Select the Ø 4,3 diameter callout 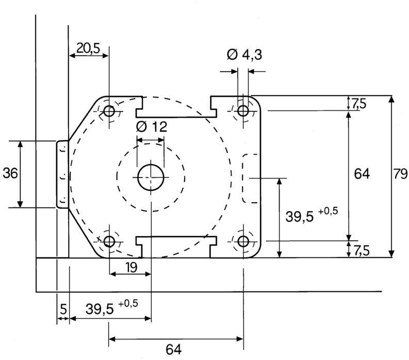pos(244,54)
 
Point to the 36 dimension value pos(10,173)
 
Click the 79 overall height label pos(400,174)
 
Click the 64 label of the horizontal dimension pos(174,349)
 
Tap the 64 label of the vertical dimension pos(361,174)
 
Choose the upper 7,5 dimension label pos(359,103)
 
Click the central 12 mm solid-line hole pos(151,177)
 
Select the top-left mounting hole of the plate pos(109,111)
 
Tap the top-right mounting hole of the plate pos(243,110)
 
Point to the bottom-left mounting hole pos(109,241)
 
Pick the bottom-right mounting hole pos(243,241)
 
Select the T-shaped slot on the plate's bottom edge pos(176,245)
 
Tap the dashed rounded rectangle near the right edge pos(252,178)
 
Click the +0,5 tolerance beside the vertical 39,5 pos(328,209)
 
